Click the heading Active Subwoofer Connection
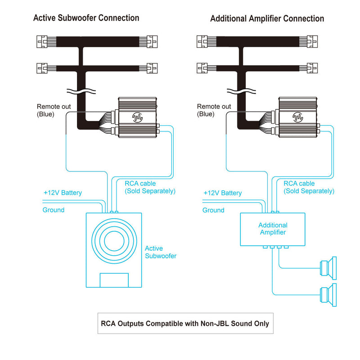pos(86,18)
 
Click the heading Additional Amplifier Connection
pos(267,19)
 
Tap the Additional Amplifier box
pos(273,229)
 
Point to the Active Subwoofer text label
pos(160,252)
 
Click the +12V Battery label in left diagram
pos(63,193)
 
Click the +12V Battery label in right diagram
pos(223,193)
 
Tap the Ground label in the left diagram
pos(54,210)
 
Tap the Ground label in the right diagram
pos(213,210)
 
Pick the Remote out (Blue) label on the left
pos(51,110)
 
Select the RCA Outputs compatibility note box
pos(184,323)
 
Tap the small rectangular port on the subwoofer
pos(114,280)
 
